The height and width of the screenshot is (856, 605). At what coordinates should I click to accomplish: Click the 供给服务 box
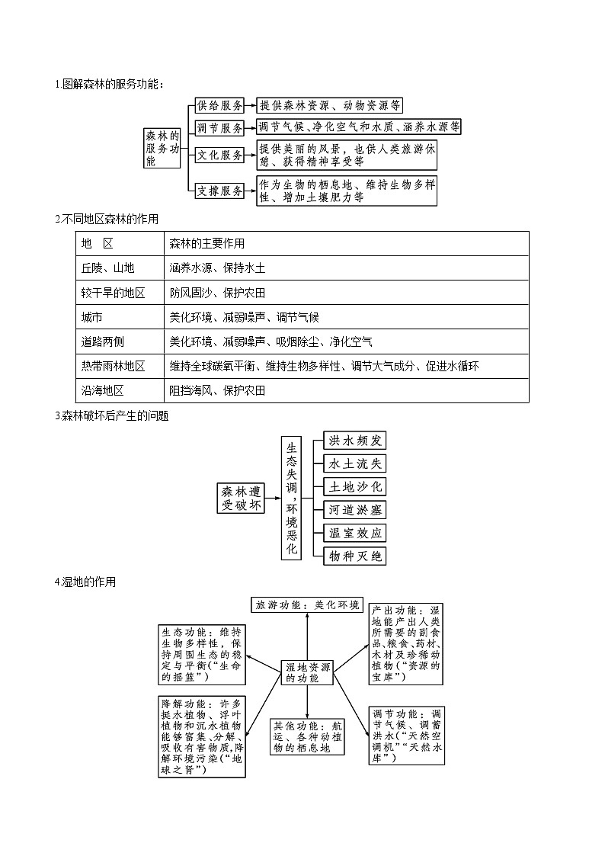219,105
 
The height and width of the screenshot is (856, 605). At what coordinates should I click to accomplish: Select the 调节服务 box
219,127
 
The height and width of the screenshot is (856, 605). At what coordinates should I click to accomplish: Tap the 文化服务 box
219,155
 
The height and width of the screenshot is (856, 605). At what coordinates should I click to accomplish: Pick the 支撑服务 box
219,191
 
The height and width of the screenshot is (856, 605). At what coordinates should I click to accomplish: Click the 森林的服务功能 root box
163,148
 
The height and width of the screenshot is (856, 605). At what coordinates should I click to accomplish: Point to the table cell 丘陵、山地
108,268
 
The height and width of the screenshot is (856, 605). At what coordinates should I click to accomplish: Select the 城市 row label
92,316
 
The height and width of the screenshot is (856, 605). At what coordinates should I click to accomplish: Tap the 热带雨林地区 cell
113,366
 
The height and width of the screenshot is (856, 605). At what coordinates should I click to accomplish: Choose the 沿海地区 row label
102,390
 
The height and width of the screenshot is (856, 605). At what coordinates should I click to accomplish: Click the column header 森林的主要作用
206,243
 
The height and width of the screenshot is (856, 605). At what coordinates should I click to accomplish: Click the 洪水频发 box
354,441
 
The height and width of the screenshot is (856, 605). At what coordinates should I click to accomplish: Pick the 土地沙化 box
354,486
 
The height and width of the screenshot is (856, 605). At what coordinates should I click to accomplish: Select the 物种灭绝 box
354,556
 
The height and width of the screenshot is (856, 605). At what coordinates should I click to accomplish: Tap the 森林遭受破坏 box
241,498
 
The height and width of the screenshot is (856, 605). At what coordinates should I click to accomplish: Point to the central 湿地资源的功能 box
307,672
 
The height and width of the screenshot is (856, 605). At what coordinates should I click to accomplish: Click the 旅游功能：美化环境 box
307,605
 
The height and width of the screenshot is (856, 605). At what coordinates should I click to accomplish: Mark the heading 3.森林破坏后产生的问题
112,416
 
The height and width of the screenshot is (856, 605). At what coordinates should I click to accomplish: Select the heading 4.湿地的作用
85,582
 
